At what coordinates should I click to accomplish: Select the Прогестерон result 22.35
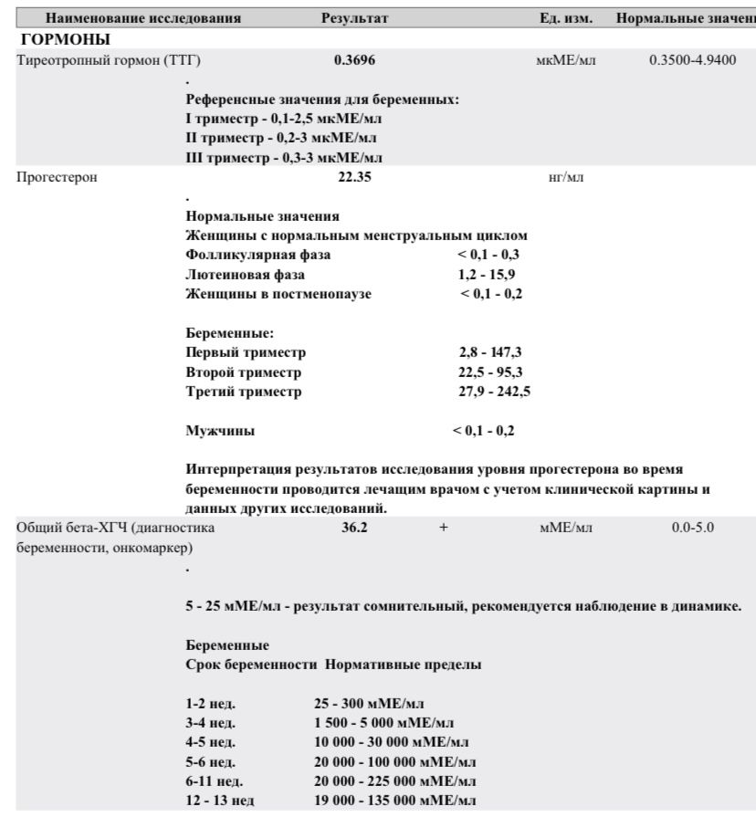click(355, 177)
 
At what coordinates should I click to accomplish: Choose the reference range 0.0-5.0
click(687, 528)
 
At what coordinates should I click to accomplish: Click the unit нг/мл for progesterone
click(559, 177)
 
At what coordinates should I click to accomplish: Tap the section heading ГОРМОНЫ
click(65, 39)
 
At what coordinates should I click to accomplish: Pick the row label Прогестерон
click(57, 177)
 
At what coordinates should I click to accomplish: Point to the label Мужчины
click(219, 430)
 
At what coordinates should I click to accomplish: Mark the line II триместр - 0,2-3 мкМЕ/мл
click(281, 138)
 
